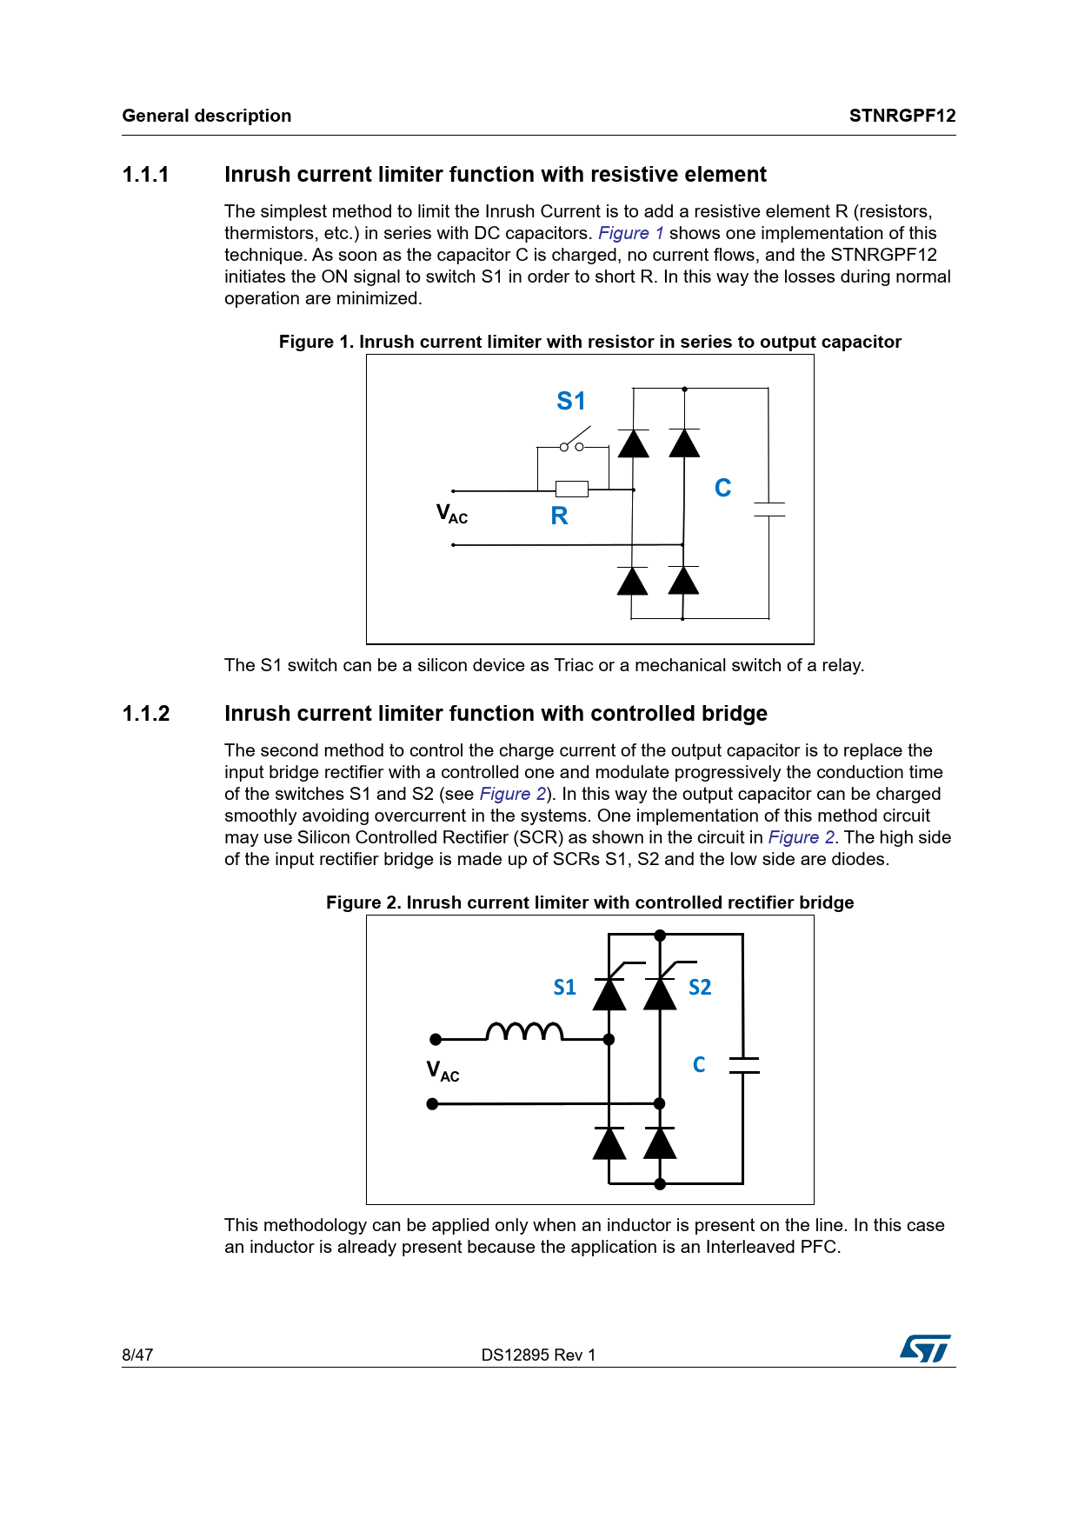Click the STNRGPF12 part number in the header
pos(902,116)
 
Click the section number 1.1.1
pos(146,175)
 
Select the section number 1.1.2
pos(146,714)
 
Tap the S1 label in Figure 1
pos(571,401)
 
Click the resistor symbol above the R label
pos(571,489)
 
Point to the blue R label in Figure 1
pos(559,516)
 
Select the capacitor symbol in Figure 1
pos(769,509)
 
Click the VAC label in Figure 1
pos(451,514)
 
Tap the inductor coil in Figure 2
pos(524,1031)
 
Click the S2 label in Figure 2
pos(700,988)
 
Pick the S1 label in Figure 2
pos(565,988)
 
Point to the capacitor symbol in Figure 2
pos(743,1065)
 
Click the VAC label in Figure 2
pos(443,1070)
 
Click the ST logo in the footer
pos(925,1349)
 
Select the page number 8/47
pos(137,1355)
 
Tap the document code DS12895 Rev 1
pos(538,1355)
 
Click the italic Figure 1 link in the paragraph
pos(631,233)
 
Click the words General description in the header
pos(207,116)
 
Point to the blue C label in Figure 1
pos(722,488)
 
